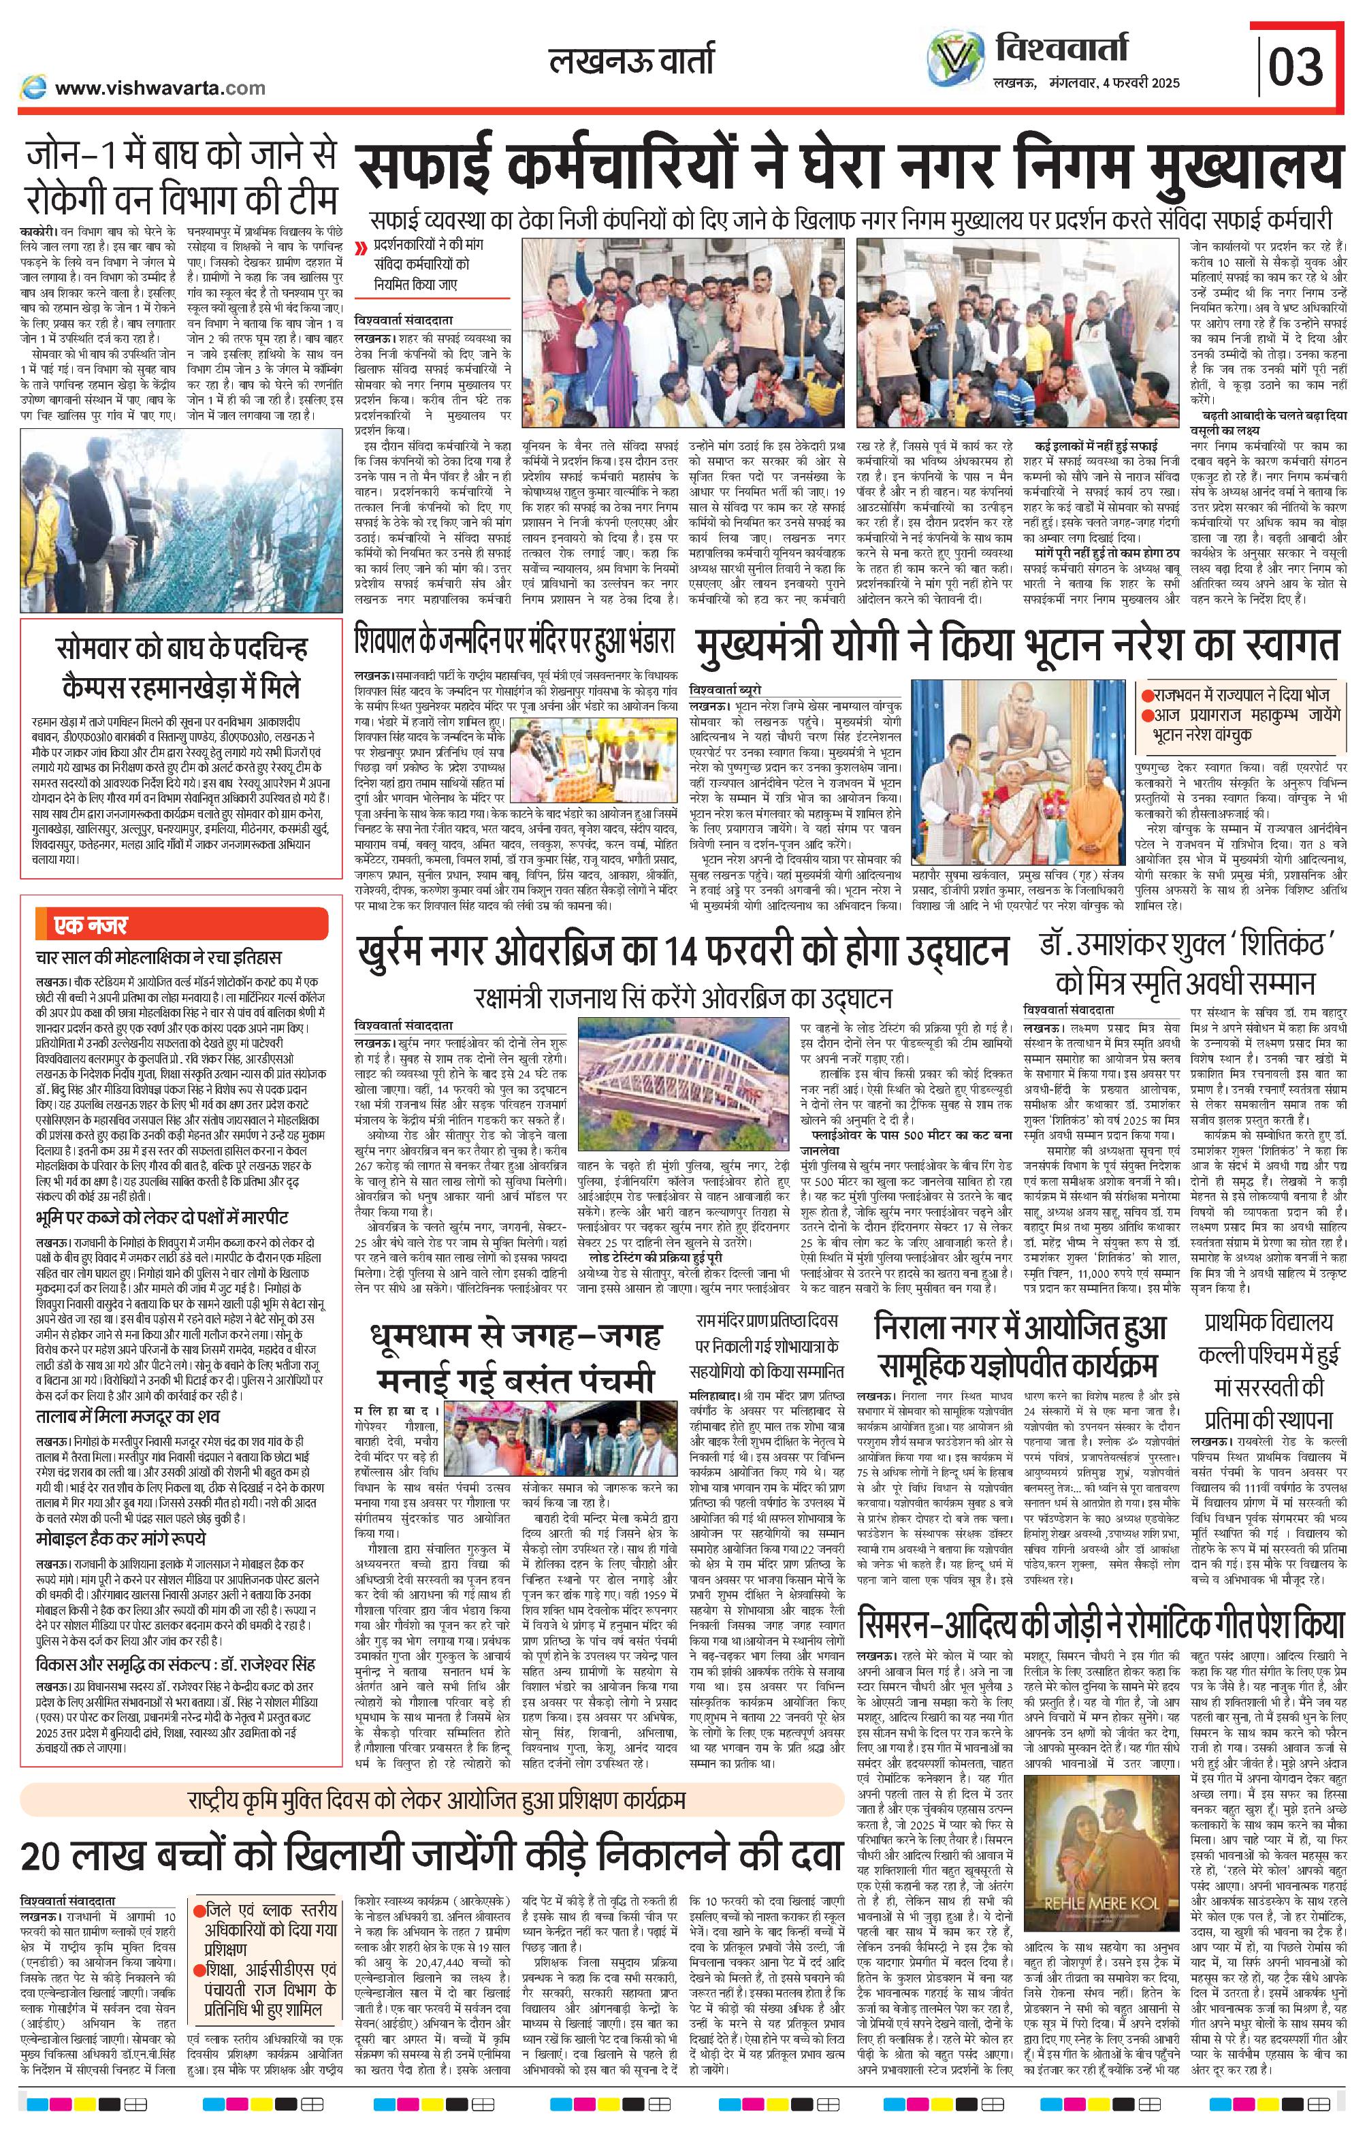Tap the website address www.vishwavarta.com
(x=160, y=88)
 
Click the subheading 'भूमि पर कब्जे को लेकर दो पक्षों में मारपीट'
(x=161, y=1216)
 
